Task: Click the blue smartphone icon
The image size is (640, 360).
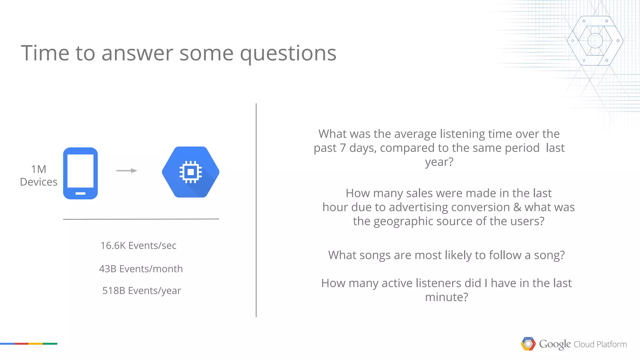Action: tap(80, 173)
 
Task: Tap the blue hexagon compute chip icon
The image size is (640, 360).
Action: tap(191, 172)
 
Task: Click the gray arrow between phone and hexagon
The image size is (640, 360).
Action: tap(127, 171)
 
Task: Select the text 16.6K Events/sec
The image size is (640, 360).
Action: tap(138, 246)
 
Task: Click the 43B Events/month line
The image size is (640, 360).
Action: tap(141, 269)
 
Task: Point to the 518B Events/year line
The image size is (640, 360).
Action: tap(142, 291)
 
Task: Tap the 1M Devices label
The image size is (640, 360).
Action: tap(38, 176)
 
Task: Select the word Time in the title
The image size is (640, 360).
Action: tap(45, 53)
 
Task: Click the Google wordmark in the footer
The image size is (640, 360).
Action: tap(555, 344)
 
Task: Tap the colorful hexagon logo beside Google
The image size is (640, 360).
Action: tap(528, 344)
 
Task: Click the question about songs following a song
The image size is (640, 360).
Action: tap(446, 255)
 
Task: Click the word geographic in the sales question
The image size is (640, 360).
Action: tap(403, 222)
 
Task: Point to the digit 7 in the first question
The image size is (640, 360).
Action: tap(342, 148)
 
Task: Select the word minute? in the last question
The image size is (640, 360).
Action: tap(446, 297)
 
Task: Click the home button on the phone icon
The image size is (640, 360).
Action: tap(80, 193)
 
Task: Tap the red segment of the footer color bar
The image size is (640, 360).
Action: tap(21, 344)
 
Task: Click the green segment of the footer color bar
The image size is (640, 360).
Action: tap(50, 344)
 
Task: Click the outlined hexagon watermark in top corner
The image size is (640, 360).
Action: tap(595, 41)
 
